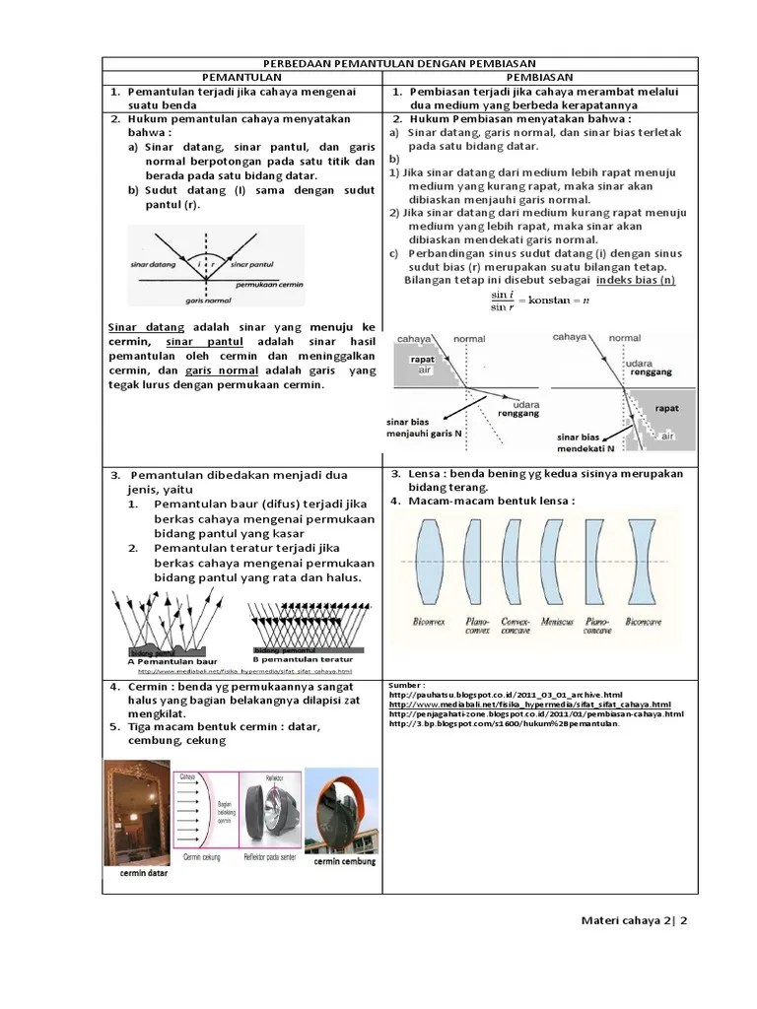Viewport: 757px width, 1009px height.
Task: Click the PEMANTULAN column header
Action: coord(242,77)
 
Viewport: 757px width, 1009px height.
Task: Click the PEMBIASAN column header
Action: coord(540,77)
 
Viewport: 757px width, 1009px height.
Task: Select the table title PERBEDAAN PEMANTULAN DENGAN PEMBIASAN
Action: coord(399,63)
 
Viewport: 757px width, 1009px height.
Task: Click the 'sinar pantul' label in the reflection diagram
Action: coord(252,265)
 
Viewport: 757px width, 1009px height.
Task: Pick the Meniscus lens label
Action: coord(557,622)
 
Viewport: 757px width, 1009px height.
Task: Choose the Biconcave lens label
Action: coord(646,622)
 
